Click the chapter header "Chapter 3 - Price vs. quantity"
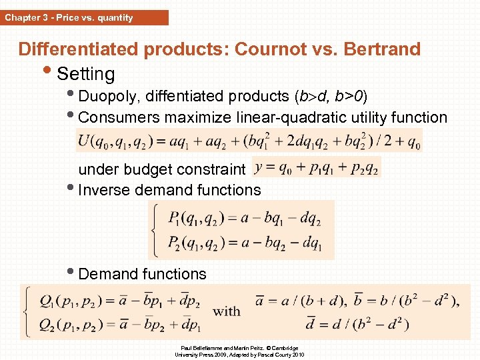[x=69, y=17]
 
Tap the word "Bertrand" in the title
[x=379, y=49]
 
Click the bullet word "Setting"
[x=86, y=73]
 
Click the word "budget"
[x=149, y=169]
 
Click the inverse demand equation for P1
[x=245, y=218]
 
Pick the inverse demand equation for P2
[x=245, y=243]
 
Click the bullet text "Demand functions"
[x=142, y=274]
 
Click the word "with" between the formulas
[x=227, y=311]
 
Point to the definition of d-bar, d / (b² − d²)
[x=357, y=325]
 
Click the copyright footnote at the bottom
[x=239, y=351]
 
